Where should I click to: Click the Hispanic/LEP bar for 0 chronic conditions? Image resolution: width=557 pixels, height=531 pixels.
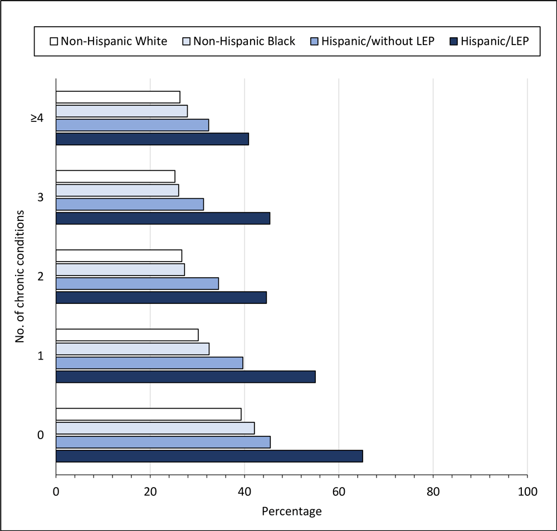click(209, 456)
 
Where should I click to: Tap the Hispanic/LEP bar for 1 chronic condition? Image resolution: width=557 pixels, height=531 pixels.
click(185, 377)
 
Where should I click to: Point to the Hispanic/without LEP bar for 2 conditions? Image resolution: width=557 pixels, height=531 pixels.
click(137, 283)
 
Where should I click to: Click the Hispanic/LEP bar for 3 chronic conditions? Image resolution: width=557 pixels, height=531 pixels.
click(163, 218)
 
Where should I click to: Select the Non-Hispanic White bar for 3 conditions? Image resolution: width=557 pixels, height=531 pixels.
click(115, 176)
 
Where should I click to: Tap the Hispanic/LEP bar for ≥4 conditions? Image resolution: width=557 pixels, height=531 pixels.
click(152, 139)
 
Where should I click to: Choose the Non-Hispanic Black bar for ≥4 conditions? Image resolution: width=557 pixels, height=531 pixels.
click(121, 111)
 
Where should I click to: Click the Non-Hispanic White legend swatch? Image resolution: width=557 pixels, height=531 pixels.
click(54, 41)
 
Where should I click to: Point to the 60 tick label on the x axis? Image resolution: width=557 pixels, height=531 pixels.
click(339, 491)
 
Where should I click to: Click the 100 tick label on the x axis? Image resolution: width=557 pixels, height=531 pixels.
click(527, 491)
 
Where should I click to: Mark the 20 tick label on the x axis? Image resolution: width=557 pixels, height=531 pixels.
click(150, 491)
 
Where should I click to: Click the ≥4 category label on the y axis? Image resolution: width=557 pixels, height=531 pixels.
click(38, 117)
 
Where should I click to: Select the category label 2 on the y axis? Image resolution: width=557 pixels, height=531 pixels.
click(40, 277)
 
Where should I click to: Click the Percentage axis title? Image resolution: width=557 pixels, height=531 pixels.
click(291, 511)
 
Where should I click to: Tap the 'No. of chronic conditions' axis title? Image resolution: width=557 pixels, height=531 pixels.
click(21, 277)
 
